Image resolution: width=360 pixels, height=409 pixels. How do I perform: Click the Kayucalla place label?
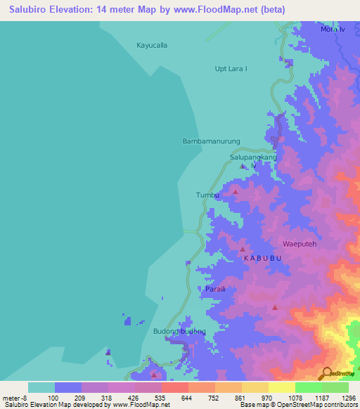[152, 45]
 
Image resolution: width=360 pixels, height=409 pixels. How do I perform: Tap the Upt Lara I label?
[231, 68]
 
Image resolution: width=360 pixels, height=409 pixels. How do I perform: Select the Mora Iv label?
[333, 30]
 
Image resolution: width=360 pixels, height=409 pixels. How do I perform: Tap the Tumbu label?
[207, 195]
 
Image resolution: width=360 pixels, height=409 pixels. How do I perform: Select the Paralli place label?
[214, 289]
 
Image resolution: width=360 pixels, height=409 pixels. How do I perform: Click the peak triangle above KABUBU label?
[243, 249]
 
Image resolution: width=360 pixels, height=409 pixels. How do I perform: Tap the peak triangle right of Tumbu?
[236, 191]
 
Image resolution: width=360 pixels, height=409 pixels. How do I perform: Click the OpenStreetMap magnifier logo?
[327, 372]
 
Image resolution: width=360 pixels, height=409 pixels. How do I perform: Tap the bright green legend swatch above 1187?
[308, 387]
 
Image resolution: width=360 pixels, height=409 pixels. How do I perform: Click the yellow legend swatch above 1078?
[281, 387]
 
